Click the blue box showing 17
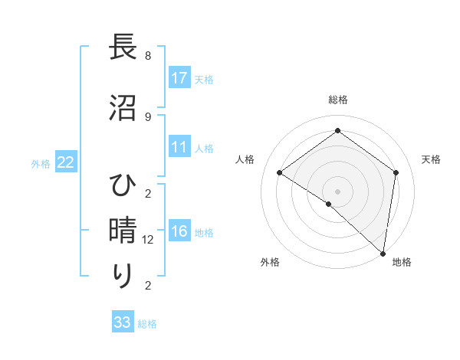tap(179, 78)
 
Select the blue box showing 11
tap(179, 147)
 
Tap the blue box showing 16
tap(179, 231)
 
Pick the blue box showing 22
tap(66, 162)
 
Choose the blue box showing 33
tap(123, 322)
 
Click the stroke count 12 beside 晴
tap(149, 240)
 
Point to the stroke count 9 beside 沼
tap(148, 116)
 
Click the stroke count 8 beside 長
tap(148, 56)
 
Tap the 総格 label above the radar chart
tap(338, 100)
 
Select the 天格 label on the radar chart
tap(431, 159)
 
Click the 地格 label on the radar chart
tap(402, 262)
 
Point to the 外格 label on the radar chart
tap(270, 262)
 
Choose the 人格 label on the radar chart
tap(245, 159)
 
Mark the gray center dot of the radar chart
tap(337, 191)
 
